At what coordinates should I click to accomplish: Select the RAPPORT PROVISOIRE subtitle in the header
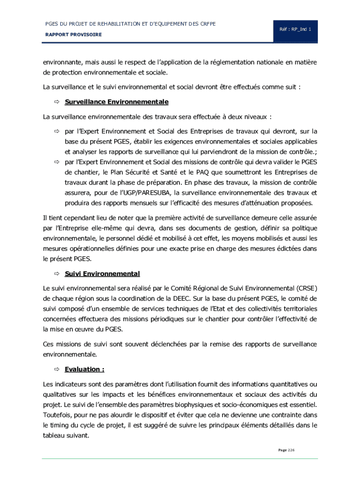[x=73, y=35]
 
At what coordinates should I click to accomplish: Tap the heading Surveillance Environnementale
[x=116, y=102]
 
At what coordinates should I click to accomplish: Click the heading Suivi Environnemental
[x=102, y=274]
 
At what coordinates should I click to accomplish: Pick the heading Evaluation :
[x=84, y=370]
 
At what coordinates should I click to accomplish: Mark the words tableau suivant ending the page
[x=66, y=435]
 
